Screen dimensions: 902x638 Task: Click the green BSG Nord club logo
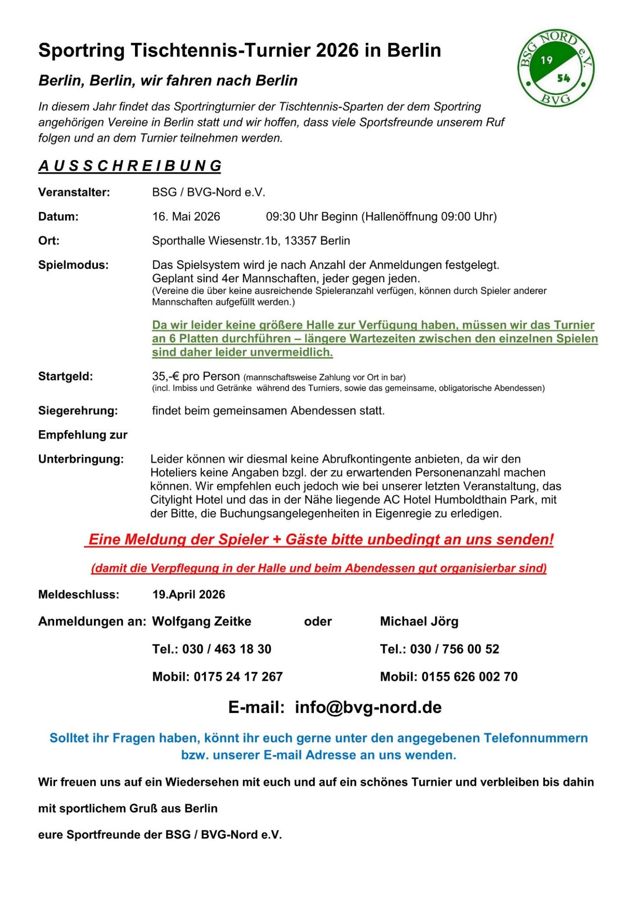[x=555, y=68]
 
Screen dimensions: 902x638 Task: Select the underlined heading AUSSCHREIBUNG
[x=130, y=166]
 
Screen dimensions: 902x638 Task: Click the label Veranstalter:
[x=74, y=192]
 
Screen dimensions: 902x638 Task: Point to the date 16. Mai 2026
[x=186, y=217]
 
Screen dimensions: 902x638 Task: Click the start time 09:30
[x=281, y=217]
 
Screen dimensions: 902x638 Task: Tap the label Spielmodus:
[x=73, y=265]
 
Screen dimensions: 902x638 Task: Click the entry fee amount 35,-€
[x=166, y=376]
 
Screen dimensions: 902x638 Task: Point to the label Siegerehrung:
[x=78, y=411]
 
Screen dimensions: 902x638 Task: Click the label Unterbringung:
[x=81, y=459]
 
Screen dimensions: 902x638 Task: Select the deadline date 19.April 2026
[x=189, y=594]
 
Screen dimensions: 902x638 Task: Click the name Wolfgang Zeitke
[x=202, y=622]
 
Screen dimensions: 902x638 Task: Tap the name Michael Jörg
[x=419, y=622]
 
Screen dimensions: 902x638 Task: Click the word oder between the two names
[x=318, y=622]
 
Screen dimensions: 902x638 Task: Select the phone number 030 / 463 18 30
[x=227, y=649]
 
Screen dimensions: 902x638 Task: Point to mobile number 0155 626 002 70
[x=469, y=677]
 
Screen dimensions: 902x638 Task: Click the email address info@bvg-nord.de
[x=368, y=707]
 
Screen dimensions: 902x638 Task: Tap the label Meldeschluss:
[x=78, y=594]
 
